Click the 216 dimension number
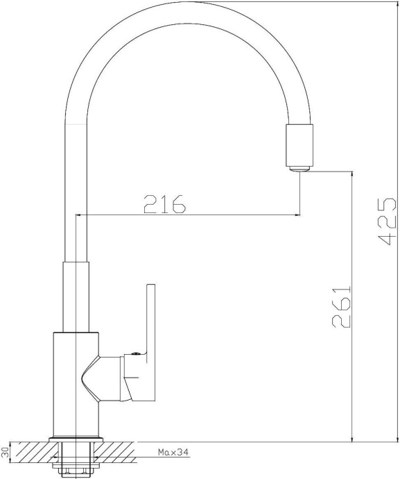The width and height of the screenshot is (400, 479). click(165, 204)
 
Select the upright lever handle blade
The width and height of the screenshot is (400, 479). click(151, 319)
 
